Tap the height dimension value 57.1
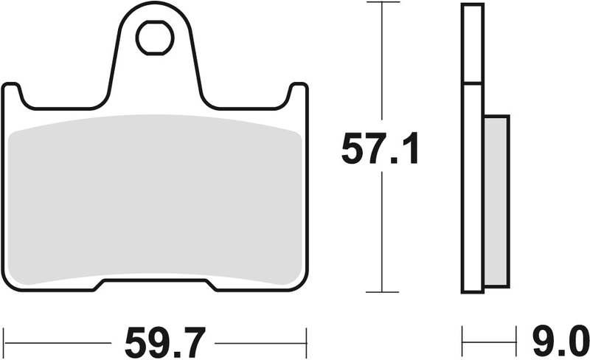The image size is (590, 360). point(380,151)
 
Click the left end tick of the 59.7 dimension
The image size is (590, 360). point(5,343)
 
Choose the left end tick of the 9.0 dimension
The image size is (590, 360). point(463,343)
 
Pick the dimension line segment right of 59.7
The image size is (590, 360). point(258,343)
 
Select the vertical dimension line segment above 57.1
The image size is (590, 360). point(380,66)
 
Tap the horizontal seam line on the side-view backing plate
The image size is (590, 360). point(473,83)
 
